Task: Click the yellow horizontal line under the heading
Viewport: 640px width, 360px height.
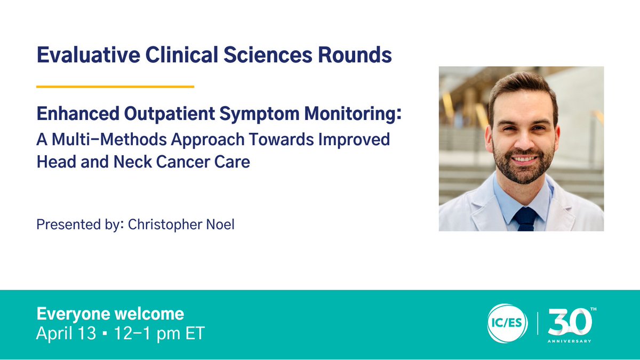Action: pyautogui.click(x=115, y=86)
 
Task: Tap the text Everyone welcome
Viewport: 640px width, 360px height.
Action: pyautogui.click(x=109, y=313)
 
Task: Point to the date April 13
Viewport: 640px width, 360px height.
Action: pyautogui.click(x=65, y=334)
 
